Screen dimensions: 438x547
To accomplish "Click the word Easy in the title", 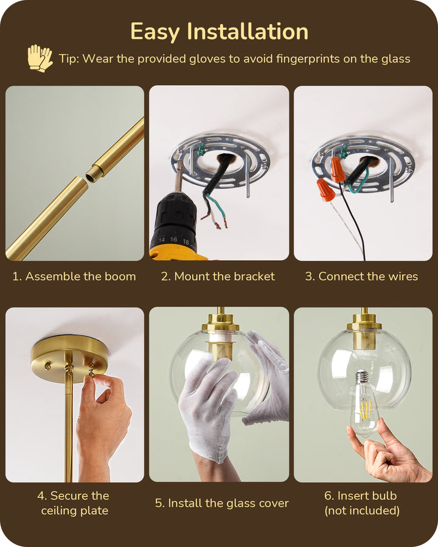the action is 155,32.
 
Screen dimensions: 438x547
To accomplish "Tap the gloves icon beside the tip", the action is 40,58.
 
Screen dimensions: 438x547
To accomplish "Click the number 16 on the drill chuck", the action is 173,239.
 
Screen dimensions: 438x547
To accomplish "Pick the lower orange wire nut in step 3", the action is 325,190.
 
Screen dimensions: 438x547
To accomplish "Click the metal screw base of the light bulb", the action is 362,379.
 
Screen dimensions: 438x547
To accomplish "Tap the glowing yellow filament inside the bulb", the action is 366,409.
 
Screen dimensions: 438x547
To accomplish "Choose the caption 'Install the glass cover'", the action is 222,503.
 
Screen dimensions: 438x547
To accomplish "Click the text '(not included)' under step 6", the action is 362,511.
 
